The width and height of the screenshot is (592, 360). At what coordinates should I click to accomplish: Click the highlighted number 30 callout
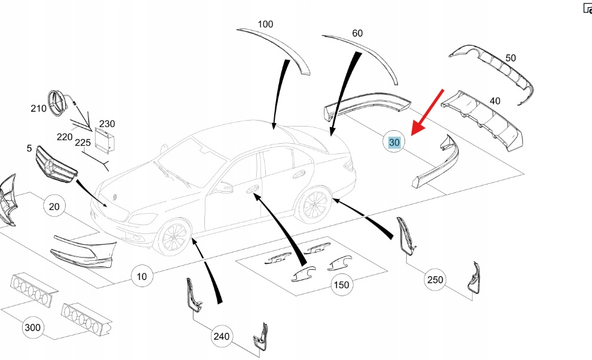tap(394, 143)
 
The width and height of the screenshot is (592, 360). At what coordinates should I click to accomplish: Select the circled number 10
tap(142, 276)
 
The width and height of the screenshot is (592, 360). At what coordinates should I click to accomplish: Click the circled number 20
tap(54, 207)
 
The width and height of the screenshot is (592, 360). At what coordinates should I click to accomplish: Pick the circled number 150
tap(341, 285)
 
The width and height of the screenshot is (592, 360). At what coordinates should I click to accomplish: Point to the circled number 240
tap(222, 337)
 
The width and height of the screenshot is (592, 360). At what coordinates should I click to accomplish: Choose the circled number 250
tap(435, 279)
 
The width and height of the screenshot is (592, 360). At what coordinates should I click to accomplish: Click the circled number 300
tap(33, 327)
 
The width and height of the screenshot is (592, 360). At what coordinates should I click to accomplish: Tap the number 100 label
tap(265, 24)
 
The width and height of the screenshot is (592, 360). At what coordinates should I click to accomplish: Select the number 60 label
tap(357, 33)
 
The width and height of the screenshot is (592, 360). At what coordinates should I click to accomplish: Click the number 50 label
tap(510, 58)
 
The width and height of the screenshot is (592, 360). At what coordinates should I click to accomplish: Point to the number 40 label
tap(495, 101)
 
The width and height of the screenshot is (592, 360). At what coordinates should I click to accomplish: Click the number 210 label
tap(38, 109)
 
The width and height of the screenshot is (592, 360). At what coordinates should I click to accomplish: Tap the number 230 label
tap(107, 124)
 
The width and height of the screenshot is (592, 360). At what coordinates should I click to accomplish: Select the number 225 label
tap(83, 143)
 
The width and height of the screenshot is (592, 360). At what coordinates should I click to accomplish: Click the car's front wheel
tap(173, 238)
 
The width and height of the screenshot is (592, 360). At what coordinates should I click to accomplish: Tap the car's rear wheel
tap(315, 205)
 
